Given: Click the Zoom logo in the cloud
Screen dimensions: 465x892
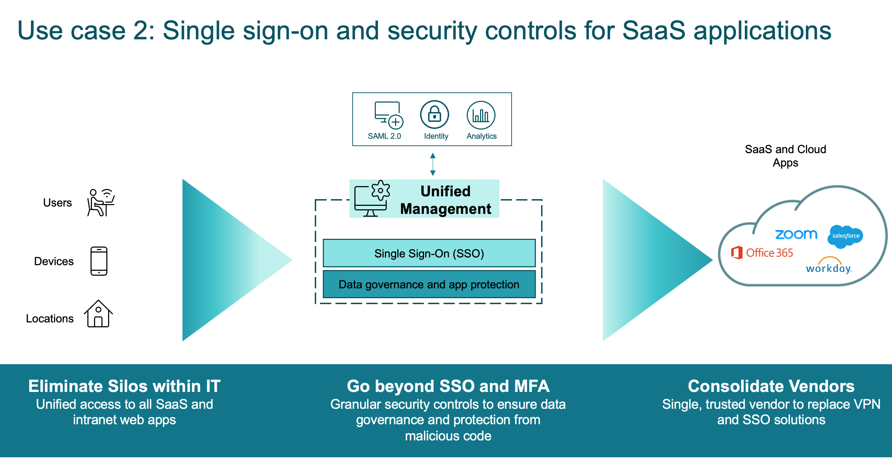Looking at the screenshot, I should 796,234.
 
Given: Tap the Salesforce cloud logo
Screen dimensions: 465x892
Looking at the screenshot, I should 846,236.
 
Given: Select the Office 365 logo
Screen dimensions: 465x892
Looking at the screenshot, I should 762,253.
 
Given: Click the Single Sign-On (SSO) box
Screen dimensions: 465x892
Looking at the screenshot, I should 429,253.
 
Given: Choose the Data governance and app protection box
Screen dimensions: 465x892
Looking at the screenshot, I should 429,284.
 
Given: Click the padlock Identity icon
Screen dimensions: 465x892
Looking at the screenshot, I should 434,115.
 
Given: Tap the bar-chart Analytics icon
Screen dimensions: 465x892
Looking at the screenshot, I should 481,115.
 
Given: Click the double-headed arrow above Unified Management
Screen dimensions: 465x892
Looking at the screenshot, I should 433,164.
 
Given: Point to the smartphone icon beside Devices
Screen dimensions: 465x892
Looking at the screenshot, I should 99,261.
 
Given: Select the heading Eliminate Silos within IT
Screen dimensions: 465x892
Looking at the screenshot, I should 124,386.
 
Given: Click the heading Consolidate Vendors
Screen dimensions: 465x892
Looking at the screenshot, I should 771,386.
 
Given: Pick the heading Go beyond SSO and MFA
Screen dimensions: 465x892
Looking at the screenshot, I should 448,386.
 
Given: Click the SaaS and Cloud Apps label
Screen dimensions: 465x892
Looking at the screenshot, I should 785,156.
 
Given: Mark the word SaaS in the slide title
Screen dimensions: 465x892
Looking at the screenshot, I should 653,31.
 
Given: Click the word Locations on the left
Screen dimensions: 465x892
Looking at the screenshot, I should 50,319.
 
